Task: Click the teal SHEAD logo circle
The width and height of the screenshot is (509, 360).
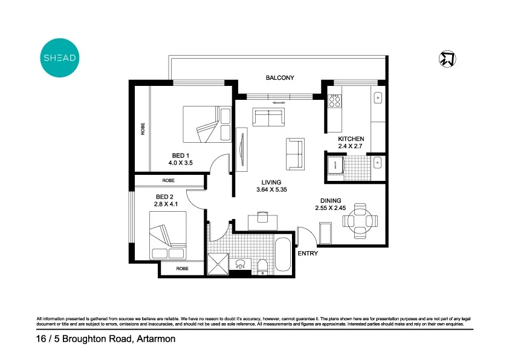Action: click(59, 58)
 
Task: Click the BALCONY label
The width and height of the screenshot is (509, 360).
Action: click(280, 77)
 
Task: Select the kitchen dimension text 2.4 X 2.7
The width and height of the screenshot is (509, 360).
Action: click(351, 146)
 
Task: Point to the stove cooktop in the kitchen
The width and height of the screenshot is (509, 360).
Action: click(335, 100)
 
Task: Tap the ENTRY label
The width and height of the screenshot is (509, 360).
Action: click(307, 254)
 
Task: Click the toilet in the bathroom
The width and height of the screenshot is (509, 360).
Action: click(263, 266)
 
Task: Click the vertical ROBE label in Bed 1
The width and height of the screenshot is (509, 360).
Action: click(143, 129)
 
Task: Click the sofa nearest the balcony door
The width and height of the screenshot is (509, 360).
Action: click(268, 117)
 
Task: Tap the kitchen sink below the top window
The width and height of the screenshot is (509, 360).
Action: click(378, 97)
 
